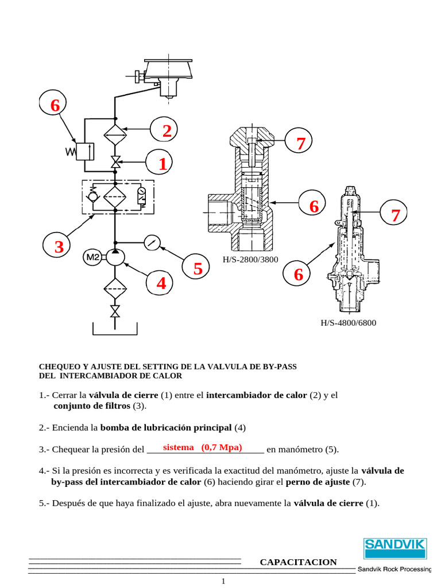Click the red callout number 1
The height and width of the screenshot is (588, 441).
coord(163,164)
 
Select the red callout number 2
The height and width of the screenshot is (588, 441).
coord(166,131)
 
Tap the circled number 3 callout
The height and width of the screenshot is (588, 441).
coord(59,248)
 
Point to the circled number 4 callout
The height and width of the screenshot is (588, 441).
coord(161,283)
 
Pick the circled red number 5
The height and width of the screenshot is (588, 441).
coord(198,269)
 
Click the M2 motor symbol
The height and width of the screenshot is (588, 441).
coord(92,258)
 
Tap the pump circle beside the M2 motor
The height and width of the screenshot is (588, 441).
coord(115,258)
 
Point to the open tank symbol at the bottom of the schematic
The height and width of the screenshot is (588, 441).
coord(115,330)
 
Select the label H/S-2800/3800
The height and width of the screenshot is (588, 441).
coord(250,260)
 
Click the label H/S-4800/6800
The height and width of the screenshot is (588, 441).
coord(349,323)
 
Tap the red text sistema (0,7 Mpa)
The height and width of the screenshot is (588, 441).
coord(202,447)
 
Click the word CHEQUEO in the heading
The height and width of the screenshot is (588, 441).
coord(60,366)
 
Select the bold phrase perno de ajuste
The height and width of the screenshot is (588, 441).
coord(318,482)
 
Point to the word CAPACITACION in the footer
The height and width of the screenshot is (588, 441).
coord(299,562)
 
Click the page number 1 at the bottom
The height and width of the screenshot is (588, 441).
coord(224,582)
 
